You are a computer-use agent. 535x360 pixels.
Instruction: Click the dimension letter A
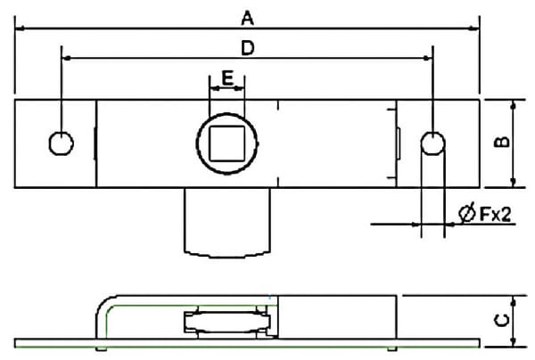tap(247, 18)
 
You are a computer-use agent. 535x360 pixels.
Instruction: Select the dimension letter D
tap(248, 48)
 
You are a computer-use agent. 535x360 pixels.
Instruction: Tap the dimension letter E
tap(227, 78)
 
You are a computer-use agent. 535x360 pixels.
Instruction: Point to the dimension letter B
tap(502, 142)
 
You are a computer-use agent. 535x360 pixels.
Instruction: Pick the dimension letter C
tap(502, 320)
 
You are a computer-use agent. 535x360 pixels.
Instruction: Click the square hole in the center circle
tap(226, 143)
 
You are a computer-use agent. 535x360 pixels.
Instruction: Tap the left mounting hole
tap(61, 143)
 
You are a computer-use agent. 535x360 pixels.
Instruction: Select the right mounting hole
tap(432, 143)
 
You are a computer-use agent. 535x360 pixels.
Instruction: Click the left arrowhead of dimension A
tap(20, 29)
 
